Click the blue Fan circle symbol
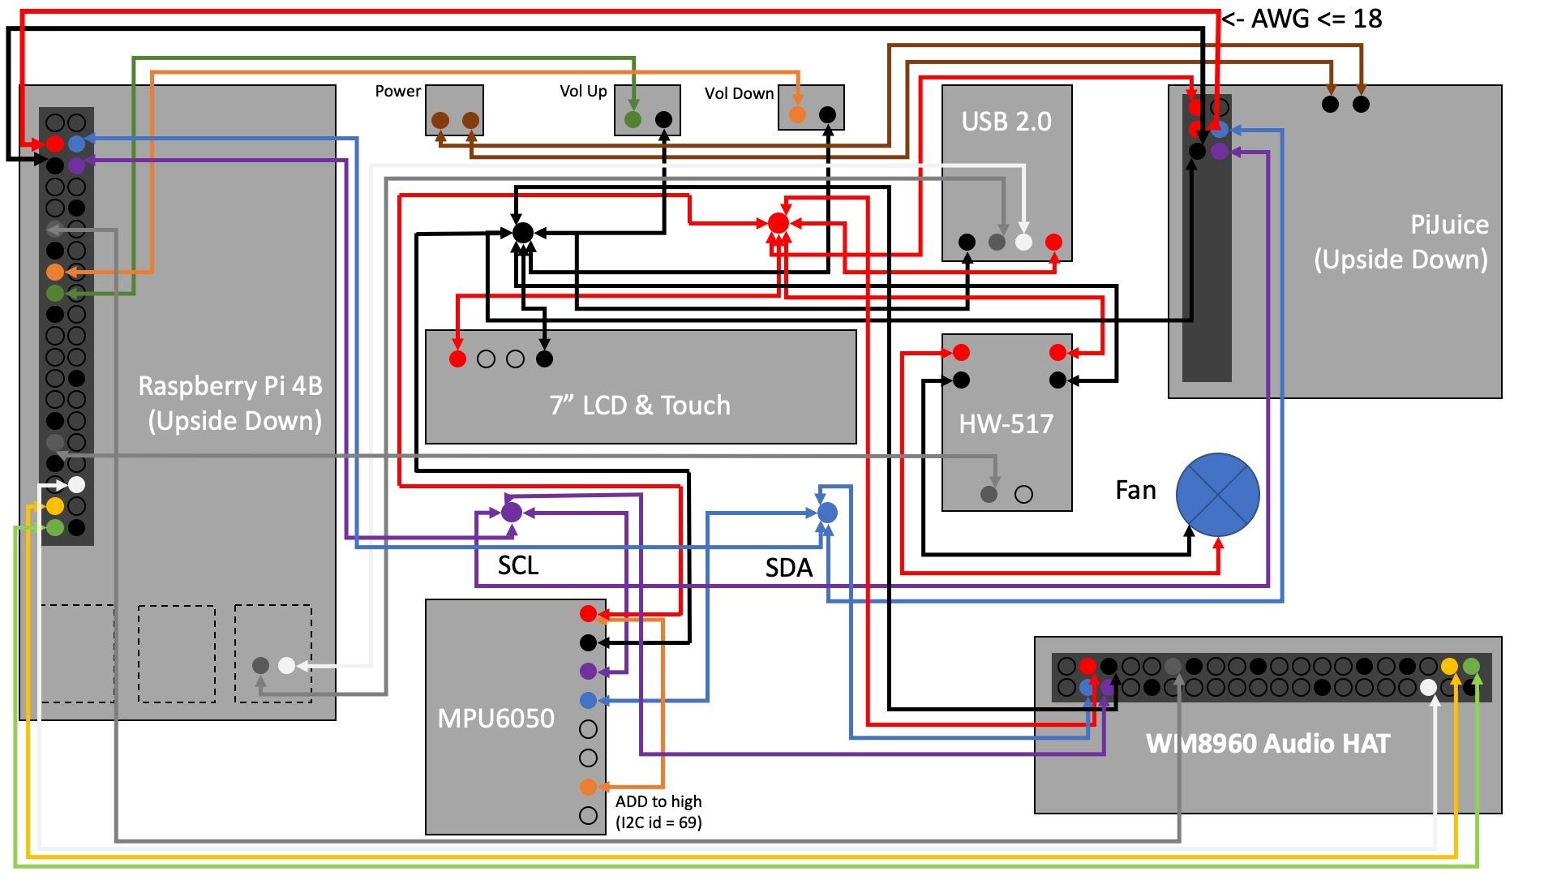(1217, 494)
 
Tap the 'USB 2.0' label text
(1006, 122)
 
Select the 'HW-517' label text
(1006, 423)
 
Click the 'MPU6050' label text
(495, 718)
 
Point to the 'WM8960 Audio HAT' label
(1267, 743)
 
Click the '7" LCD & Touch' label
(640, 405)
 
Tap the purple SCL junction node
(512, 512)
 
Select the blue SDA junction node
(827, 513)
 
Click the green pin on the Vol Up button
(633, 120)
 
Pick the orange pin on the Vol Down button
(797, 114)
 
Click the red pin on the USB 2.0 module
(1053, 242)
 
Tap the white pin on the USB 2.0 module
(1023, 242)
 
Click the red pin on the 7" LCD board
(458, 359)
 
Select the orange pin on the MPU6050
(589, 787)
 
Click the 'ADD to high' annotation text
(658, 801)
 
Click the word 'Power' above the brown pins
(397, 91)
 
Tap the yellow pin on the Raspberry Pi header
(55, 506)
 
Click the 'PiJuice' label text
(1449, 225)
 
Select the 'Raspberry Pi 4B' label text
(230, 386)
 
